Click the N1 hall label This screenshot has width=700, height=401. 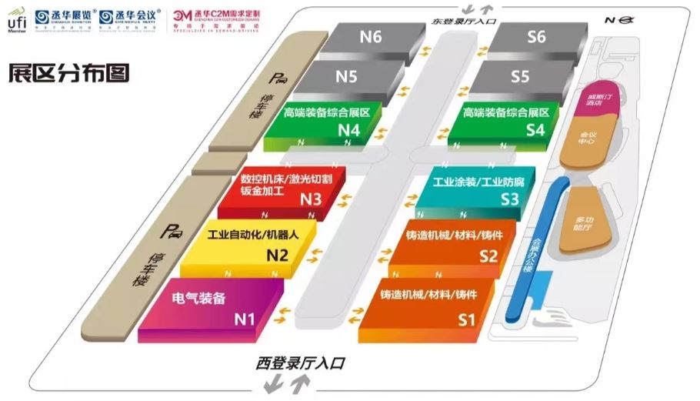[x=245, y=317]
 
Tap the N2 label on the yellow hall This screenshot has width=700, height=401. [x=277, y=256]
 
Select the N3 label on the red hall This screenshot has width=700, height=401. [x=310, y=199]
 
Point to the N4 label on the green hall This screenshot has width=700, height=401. [x=349, y=129]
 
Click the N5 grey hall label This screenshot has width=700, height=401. [x=346, y=76]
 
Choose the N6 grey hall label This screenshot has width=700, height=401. [x=371, y=36]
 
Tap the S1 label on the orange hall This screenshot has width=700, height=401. [x=468, y=317]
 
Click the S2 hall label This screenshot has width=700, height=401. [x=488, y=256]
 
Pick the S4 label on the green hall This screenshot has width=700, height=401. [x=535, y=129]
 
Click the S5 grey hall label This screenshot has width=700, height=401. [x=521, y=76]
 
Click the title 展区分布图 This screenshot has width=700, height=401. [x=68, y=72]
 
